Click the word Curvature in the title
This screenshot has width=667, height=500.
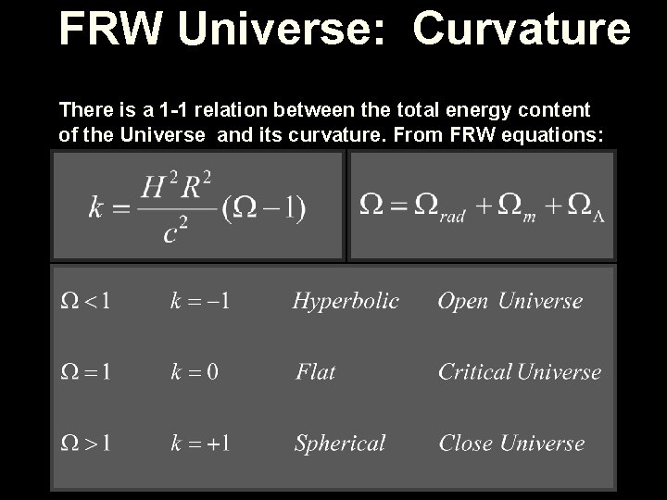click(522, 30)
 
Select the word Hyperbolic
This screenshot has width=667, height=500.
click(346, 301)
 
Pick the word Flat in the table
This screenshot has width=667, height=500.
click(316, 372)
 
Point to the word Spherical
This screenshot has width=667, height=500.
click(340, 444)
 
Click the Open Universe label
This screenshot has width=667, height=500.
click(510, 301)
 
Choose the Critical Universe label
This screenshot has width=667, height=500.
click(520, 372)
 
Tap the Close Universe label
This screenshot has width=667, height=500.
click(511, 444)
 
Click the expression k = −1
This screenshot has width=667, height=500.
click(201, 301)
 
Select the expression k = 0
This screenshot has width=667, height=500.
click(195, 372)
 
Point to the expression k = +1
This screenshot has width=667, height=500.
click(201, 444)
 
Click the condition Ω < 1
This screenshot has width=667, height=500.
click(87, 301)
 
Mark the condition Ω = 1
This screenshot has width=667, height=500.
click(87, 372)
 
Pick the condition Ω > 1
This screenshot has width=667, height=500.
click(87, 444)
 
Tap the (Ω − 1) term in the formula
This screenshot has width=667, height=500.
click(264, 206)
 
